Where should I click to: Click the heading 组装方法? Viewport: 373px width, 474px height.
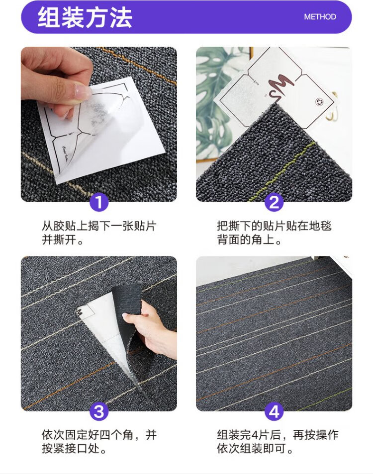(85, 17)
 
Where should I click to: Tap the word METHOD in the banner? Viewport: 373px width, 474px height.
(320, 17)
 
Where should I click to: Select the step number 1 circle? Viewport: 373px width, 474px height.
(99, 202)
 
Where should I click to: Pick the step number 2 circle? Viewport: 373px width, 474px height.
(274, 202)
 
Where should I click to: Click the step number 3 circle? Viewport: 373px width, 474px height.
(99, 411)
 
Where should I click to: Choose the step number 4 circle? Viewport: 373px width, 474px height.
(274, 411)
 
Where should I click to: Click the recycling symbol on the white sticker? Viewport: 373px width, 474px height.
(319, 102)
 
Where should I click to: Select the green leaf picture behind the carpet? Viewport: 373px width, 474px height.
(218, 103)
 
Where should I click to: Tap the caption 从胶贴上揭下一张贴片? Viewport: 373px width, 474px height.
(99, 226)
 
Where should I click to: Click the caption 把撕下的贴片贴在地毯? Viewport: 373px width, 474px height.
(274, 226)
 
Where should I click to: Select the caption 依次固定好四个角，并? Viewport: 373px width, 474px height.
(99, 435)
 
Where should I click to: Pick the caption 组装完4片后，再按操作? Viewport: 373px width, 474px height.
(278, 435)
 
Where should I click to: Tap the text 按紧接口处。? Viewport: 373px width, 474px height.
(74, 449)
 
